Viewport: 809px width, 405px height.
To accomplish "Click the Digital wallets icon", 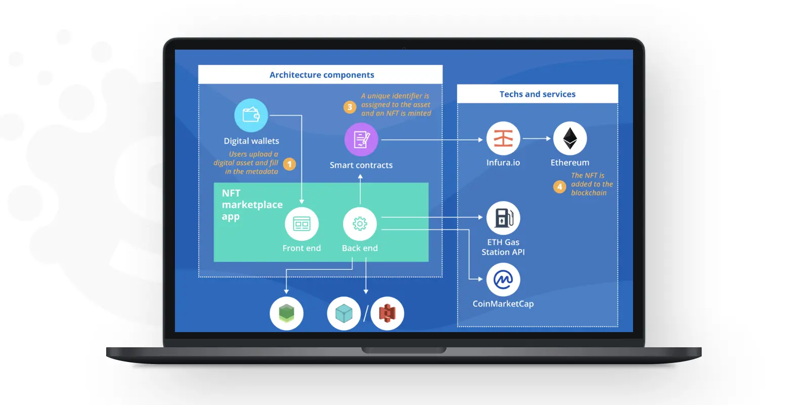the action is click(251, 115).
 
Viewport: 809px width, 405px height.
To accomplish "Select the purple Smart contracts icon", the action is click(361, 140).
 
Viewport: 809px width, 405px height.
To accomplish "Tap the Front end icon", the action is click(301, 224).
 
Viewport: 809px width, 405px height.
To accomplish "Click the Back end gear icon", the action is click(359, 224).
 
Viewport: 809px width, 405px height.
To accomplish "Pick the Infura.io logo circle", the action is click(503, 138).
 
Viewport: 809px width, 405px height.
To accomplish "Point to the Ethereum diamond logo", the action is click(570, 138).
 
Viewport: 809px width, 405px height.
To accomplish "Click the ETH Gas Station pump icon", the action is click(503, 218).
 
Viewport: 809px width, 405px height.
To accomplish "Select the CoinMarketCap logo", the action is click(503, 279).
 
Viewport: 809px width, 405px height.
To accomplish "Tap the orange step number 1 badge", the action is click(289, 164).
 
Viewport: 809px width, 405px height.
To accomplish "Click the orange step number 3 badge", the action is click(349, 107).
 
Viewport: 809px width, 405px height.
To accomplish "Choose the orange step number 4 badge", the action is click(559, 187).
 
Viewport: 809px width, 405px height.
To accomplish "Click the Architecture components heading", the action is click(322, 75).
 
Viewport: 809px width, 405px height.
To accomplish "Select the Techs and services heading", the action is click(537, 94).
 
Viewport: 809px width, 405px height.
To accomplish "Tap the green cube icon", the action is click(286, 313).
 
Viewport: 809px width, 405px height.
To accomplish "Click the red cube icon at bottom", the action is click(387, 313).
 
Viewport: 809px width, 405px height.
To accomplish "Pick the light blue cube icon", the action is click(344, 313).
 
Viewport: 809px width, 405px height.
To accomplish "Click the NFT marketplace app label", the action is click(252, 205).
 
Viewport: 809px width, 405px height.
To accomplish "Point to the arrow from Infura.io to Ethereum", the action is click(536, 138).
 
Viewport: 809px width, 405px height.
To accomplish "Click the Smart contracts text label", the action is click(361, 165).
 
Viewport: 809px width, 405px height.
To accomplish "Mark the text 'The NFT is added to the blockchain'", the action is click(592, 184).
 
